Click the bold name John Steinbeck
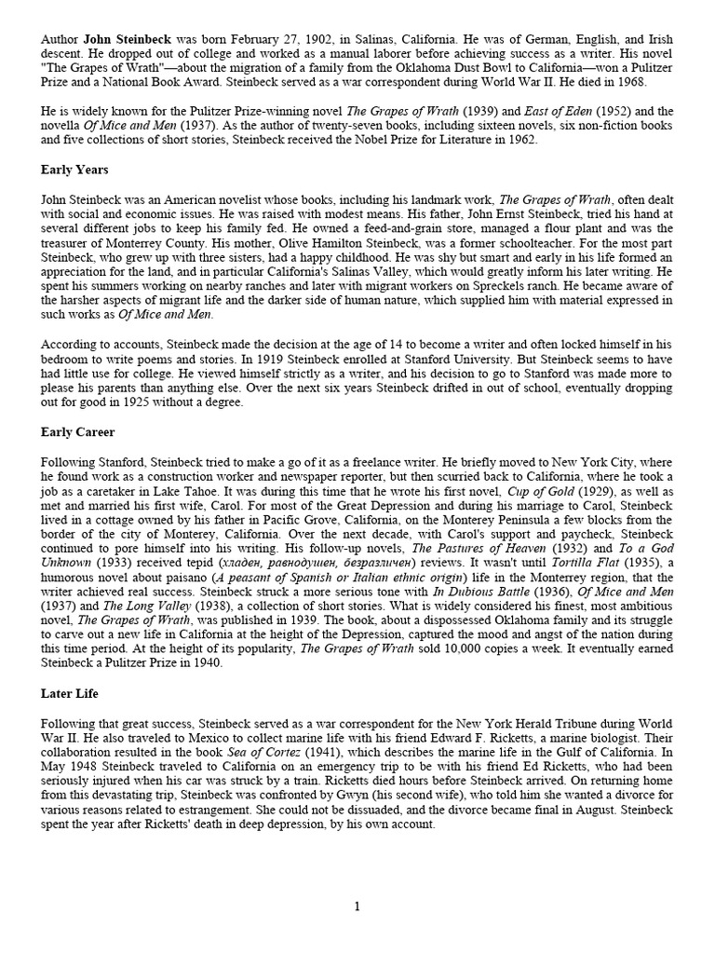pyautogui.click(x=125, y=41)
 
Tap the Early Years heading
pyautogui.click(x=74, y=170)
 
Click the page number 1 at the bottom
pyautogui.click(x=357, y=906)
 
